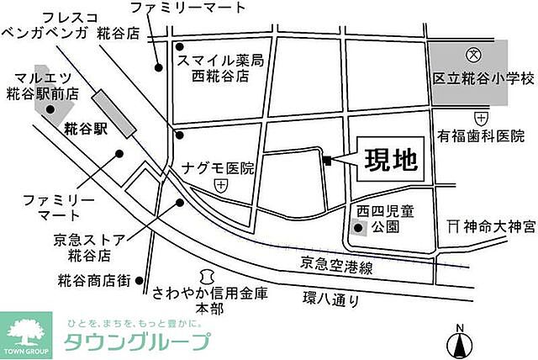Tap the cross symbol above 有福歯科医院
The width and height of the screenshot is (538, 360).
480,117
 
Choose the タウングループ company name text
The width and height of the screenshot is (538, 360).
137,341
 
